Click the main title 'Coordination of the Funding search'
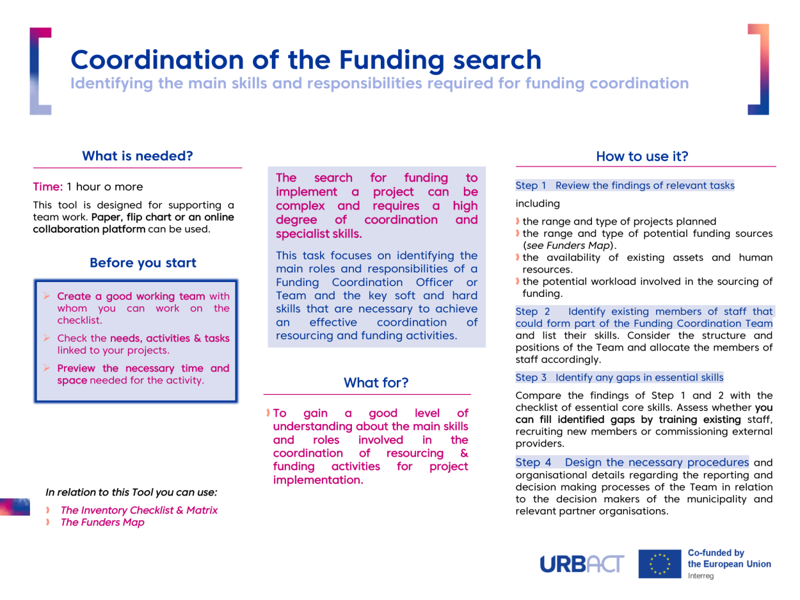click(x=306, y=59)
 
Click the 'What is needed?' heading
click(x=137, y=155)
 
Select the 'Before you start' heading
click(x=143, y=262)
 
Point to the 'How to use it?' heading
click(x=642, y=155)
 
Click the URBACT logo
click(x=582, y=564)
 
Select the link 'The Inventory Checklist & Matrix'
click(x=139, y=510)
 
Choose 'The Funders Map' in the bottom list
click(x=102, y=522)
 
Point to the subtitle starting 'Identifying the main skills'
click(x=379, y=83)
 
